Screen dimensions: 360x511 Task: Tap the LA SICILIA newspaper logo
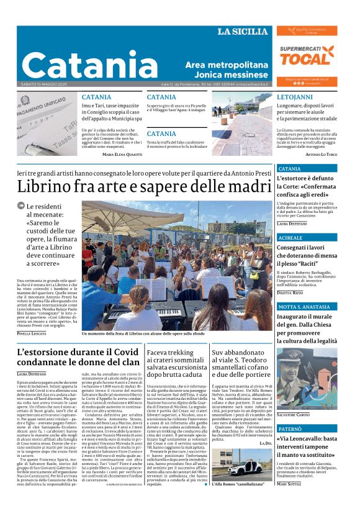coord(243,32)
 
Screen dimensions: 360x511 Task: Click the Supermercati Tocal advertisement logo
coord(307,57)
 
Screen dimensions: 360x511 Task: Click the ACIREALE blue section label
coord(290,238)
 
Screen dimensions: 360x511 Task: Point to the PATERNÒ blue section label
coord(290,429)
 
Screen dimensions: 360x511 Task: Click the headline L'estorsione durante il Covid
coord(78,358)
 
